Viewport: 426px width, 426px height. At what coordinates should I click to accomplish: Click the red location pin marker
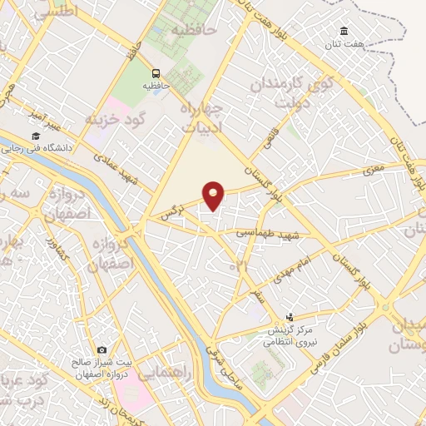[215, 196]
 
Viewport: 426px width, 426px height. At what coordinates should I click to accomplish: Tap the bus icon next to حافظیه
[156, 72]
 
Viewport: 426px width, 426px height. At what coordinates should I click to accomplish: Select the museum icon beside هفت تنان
[344, 32]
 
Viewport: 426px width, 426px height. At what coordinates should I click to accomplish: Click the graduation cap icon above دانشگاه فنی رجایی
[36, 136]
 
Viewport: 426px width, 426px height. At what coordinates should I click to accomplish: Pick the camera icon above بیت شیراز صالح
[102, 350]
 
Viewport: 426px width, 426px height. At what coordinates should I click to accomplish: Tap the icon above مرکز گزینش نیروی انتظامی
[290, 316]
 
